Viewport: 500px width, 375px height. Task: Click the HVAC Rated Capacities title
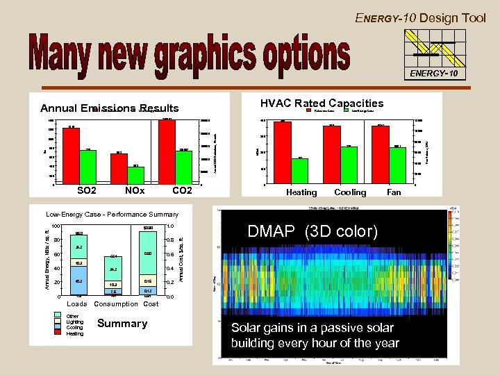tap(322, 103)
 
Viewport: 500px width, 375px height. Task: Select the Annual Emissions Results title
tap(109, 108)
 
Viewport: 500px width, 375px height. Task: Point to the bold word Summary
tap(122, 324)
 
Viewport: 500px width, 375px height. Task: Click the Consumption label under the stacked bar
tap(117, 303)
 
